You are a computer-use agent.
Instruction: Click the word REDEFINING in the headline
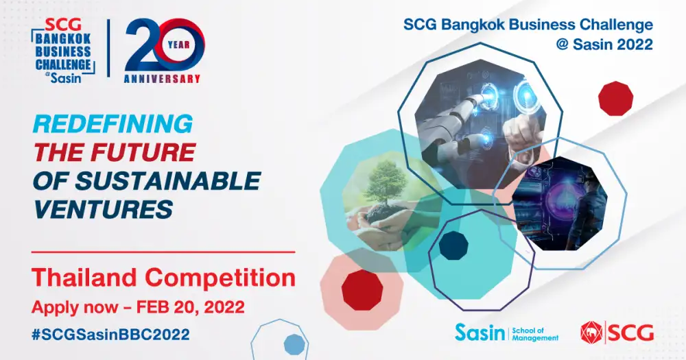[113, 124]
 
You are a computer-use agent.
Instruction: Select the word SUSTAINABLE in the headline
[168, 181]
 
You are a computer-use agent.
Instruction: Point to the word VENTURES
[103, 208]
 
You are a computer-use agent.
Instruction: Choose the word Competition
[220, 278]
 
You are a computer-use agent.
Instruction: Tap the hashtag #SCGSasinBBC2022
[110, 335]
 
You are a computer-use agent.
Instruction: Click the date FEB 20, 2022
[190, 307]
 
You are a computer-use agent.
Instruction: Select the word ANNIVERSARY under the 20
[162, 79]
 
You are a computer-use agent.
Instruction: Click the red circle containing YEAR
[179, 45]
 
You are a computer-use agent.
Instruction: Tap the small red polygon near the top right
[615, 99]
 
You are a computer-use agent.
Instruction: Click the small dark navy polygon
[453, 246]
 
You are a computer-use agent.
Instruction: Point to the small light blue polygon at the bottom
[294, 344]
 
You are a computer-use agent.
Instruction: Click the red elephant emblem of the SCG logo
[591, 333]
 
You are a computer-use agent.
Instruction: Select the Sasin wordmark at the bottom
[480, 333]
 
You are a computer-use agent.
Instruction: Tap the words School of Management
[535, 334]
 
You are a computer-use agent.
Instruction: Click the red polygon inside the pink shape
[362, 290]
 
